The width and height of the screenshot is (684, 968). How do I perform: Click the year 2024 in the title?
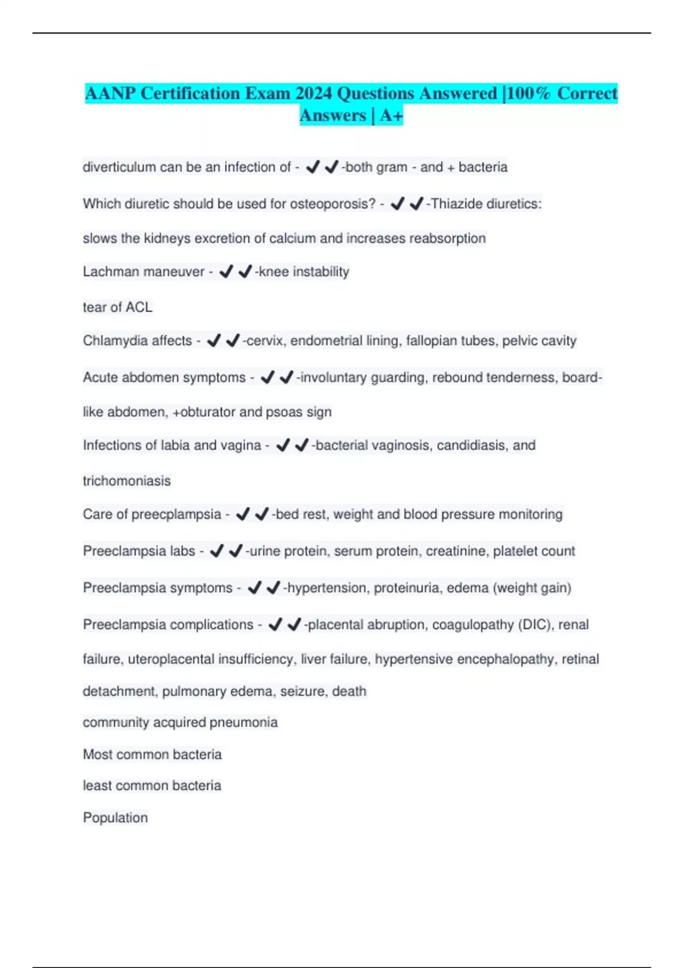(314, 93)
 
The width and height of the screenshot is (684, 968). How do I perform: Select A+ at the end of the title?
(392, 116)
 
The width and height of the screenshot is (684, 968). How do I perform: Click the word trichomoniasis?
(127, 481)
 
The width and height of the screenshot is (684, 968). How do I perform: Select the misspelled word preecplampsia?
(176, 514)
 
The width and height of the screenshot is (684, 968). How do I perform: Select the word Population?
(115, 818)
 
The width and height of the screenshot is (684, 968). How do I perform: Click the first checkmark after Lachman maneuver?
(226, 272)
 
